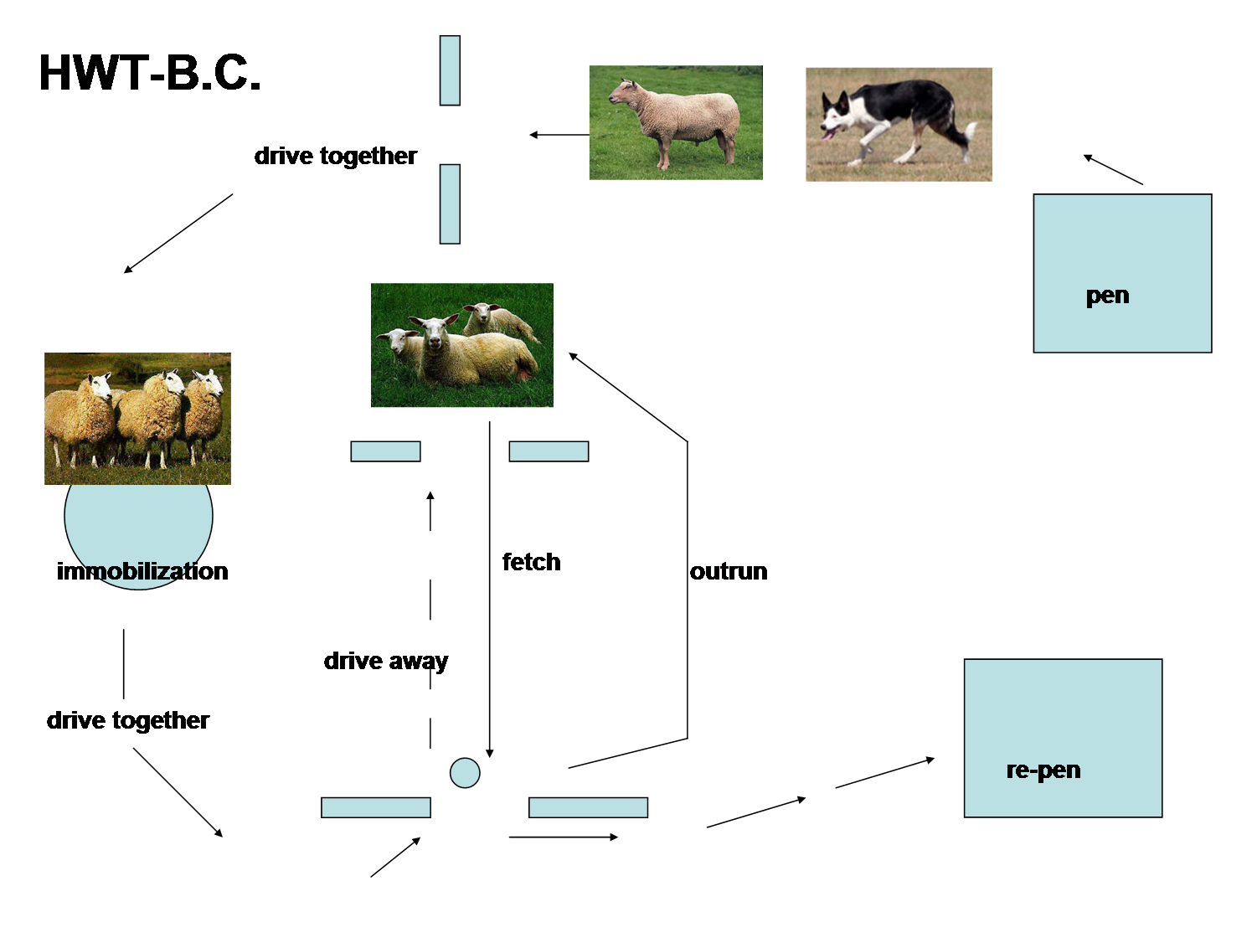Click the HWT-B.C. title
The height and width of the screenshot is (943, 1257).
pyautogui.click(x=150, y=73)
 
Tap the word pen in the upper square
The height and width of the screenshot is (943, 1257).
pyautogui.click(x=1107, y=296)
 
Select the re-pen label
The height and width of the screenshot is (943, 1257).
pyautogui.click(x=1043, y=770)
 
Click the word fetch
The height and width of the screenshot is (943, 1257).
pyautogui.click(x=531, y=562)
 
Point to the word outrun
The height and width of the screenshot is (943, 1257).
pyautogui.click(x=729, y=571)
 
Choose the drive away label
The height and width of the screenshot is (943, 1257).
pyautogui.click(x=385, y=661)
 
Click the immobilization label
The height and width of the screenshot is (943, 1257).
pyautogui.click(x=142, y=571)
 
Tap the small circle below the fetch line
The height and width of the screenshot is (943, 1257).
pyautogui.click(x=465, y=773)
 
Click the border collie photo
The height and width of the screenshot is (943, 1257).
pyautogui.click(x=899, y=124)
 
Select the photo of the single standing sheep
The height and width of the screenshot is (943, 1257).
pyautogui.click(x=676, y=122)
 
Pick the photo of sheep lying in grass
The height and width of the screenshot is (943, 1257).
pyautogui.click(x=462, y=345)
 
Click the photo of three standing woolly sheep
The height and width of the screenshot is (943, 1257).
pyautogui.click(x=137, y=419)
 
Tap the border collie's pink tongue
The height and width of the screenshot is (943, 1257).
pyautogui.click(x=829, y=134)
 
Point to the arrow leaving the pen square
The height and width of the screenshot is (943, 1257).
pyautogui.click(x=1113, y=169)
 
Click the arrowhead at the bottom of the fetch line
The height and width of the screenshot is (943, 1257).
pyautogui.click(x=490, y=754)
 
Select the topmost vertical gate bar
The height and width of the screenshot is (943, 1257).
pyautogui.click(x=450, y=70)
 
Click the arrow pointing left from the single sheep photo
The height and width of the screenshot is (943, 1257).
pyautogui.click(x=559, y=135)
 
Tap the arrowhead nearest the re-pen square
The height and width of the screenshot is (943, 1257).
pyautogui.click(x=930, y=760)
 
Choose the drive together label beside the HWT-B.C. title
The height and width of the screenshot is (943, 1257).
pyautogui.click(x=335, y=156)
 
